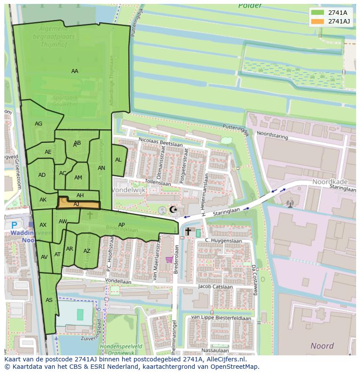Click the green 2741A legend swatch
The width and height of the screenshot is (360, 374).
[x=317, y=13]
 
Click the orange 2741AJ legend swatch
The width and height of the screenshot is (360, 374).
[x=317, y=21]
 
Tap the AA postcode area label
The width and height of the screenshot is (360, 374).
[x=75, y=71]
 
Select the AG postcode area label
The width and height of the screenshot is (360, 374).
[x=39, y=124]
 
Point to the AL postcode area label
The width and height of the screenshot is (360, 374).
[x=118, y=160]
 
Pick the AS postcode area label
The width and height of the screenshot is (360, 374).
[x=49, y=300]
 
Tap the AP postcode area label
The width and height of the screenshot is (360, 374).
[x=122, y=225]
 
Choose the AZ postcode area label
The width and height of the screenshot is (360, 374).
[x=87, y=251]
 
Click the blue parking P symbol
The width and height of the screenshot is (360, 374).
[x=14, y=225]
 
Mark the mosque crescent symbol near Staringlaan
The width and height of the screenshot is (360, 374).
[x=173, y=210]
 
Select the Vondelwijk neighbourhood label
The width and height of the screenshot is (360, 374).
[x=129, y=190]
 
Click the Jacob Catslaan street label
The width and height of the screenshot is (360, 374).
[x=216, y=286]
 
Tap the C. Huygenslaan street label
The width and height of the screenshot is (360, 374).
[x=223, y=240]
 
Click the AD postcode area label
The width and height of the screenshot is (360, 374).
[x=42, y=175]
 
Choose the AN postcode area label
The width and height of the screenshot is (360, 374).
[x=101, y=168]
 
